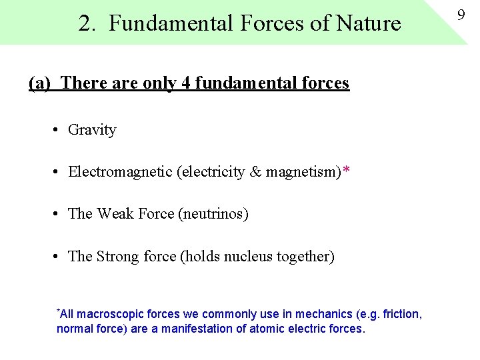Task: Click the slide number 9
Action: (x=461, y=12)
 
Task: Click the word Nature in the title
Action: (x=369, y=24)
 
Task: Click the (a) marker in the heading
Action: (x=40, y=83)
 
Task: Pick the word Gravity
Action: (x=92, y=130)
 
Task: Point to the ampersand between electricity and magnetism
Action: (x=255, y=172)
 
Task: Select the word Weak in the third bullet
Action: (x=115, y=214)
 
